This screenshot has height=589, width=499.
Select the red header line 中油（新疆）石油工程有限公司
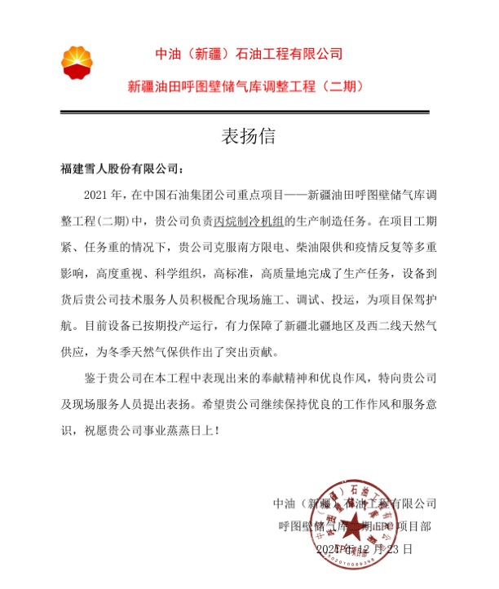[249, 55]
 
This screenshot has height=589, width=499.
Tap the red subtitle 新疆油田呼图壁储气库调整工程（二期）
[249, 85]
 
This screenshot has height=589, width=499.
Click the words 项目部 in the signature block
[416, 526]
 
